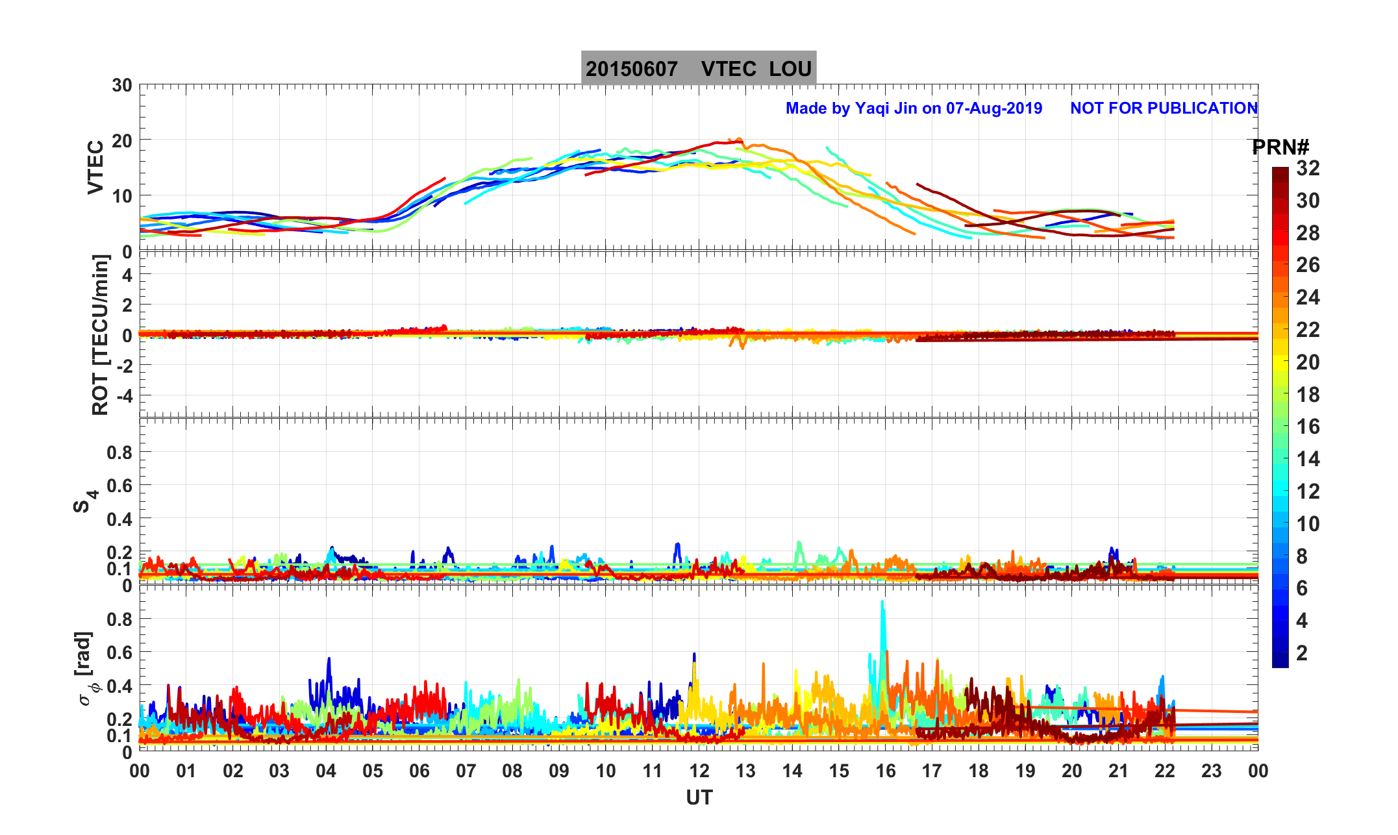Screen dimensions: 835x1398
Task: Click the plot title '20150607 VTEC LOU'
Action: click(698, 69)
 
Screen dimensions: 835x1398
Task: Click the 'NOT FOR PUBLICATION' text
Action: click(1164, 108)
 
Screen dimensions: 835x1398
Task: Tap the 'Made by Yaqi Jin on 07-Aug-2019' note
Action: click(914, 108)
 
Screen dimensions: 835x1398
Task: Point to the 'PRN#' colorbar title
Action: click(1280, 147)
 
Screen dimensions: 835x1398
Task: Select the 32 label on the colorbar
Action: click(1308, 168)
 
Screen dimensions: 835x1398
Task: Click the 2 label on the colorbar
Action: click(1302, 653)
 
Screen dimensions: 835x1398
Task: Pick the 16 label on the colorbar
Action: click(1308, 427)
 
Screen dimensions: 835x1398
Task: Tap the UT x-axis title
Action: click(699, 797)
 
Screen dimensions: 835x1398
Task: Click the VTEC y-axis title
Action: click(95, 168)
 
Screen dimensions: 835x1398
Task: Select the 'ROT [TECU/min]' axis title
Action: click(100, 334)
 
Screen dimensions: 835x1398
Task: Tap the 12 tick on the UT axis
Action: click(699, 771)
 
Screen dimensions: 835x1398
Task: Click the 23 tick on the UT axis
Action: click(1212, 771)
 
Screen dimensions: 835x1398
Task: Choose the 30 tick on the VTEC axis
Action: click(121, 86)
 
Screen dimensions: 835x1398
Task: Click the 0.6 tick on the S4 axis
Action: click(119, 486)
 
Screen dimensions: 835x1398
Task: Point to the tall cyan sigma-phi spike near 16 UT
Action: click(882, 607)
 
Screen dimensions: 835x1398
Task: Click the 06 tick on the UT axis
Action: click(419, 771)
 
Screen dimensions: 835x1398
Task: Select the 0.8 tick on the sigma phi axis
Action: click(119, 619)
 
